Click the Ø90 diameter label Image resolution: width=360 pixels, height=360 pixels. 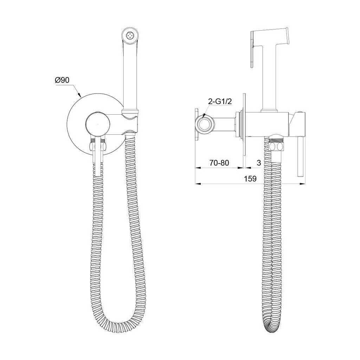tap(62, 80)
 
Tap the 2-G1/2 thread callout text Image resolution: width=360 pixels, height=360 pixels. tap(220, 102)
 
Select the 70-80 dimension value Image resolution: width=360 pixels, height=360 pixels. tap(219, 163)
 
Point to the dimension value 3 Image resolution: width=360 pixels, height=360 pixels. tap(259, 163)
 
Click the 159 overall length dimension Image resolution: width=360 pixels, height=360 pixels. tap(250, 178)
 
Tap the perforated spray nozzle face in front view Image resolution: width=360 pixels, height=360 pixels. tap(130, 36)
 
